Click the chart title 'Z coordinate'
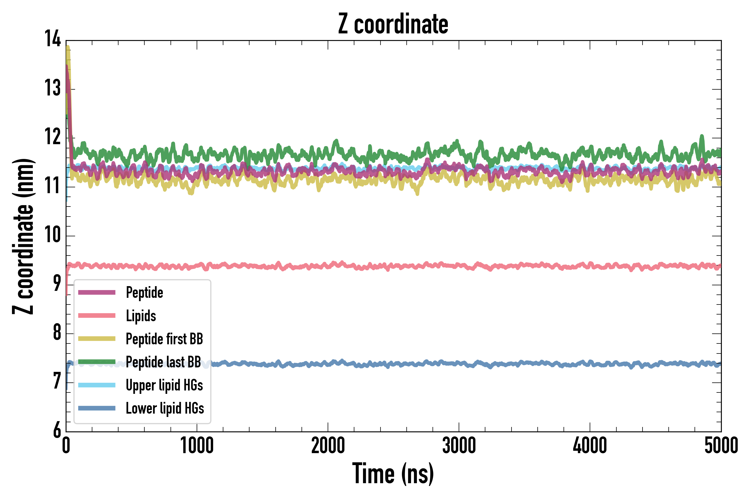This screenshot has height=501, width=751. coord(393,24)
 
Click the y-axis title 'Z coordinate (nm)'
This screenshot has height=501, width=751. coord(23,236)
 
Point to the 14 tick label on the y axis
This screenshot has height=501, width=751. coord(52,39)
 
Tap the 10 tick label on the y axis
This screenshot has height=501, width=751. coord(52,235)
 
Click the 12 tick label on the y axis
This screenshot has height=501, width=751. coord(52,137)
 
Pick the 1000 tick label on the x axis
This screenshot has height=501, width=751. coord(197,445)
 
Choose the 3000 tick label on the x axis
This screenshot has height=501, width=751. coord(459,445)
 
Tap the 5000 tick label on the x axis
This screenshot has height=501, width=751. coord(721,445)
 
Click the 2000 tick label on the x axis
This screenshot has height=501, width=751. coord(328,445)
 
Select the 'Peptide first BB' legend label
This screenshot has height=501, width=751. coord(164,339)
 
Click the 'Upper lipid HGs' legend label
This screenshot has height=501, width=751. coord(164,385)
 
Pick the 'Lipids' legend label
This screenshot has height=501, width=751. coord(141,316)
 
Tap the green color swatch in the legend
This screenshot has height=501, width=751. coord(97,362)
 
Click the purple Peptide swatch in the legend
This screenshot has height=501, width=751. coord(97,292)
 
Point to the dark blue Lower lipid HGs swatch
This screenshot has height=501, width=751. coord(97,408)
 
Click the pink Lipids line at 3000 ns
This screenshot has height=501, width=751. coord(459,266)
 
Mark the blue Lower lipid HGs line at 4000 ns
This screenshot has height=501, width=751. coord(590,364)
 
